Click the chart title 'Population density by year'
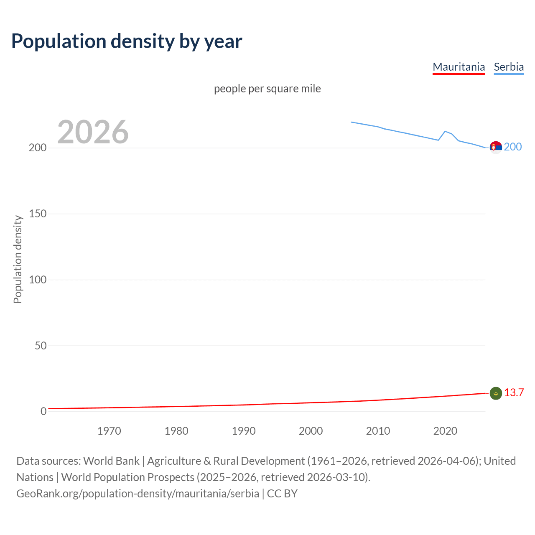(x=127, y=41)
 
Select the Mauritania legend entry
(x=459, y=67)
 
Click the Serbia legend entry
(x=509, y=67)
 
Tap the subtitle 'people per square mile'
(x=267, y=89)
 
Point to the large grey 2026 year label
(x=93, y=132)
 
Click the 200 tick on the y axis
(x=38, y=148)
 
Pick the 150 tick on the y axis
(x=38, y=214)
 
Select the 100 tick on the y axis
(x=38, y=280)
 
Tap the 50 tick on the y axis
(x=41, y=346)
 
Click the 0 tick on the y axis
(x=43, y=412)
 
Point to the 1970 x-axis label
(x=109, y=431)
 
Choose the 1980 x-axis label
(x=176, y=431)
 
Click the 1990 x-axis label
(x=244, y=431)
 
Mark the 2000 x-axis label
(x=311, y=431)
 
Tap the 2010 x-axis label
(x=378, y=431)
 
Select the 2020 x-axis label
(x=445, y=431)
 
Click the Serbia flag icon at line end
(x=496, y=148)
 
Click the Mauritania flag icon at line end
(x=496, y=393)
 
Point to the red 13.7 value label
(x=514, y=393)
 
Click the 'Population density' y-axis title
(x=18, y=259)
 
